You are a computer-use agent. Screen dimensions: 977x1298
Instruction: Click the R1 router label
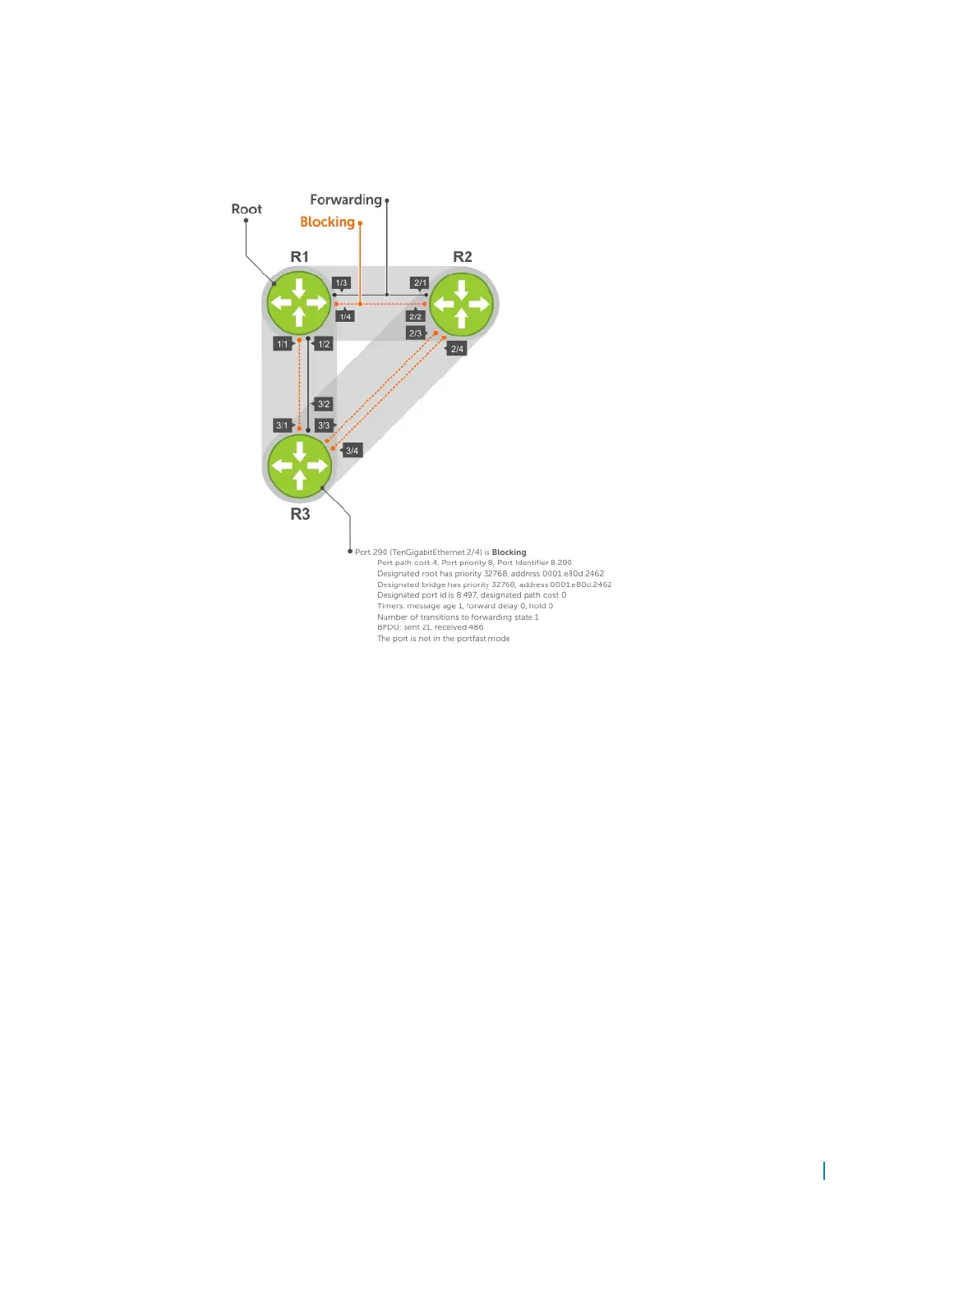tap(299, 257)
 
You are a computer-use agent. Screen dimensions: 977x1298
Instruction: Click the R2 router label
tap(463, 257)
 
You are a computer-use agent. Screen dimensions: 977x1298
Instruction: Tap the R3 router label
tap(300, 514)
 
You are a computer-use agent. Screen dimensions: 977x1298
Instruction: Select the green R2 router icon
tap(461, 304)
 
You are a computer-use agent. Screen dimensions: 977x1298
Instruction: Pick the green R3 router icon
tap(299, 466)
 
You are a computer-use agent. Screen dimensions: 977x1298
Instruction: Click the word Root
tap(247, 209)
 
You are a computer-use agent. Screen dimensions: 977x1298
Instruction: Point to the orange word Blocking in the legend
tap(327, 222)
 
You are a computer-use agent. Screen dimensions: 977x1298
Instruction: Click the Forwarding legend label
tap(345, 200)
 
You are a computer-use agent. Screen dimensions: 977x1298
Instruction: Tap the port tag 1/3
tap(341, 283)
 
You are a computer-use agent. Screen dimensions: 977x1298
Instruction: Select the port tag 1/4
tap(345, 316)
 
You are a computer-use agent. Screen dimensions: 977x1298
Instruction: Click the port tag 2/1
tap(420, 283)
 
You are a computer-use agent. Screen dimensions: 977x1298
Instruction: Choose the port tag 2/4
tap(457, 349)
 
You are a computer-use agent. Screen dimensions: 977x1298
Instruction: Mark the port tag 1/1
tap(283, 344)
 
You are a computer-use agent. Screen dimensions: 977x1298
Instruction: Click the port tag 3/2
tap(324, 404)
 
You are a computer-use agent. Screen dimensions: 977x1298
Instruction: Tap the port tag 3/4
tap(352, 451)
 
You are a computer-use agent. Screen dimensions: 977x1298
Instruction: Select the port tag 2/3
tap(415, 333)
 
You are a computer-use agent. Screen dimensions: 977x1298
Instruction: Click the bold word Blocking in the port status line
tap(509, 553)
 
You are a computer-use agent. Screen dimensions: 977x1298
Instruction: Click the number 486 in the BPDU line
tap(476, 627)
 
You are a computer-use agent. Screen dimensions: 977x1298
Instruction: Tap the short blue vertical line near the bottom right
tap(824, 1171)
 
